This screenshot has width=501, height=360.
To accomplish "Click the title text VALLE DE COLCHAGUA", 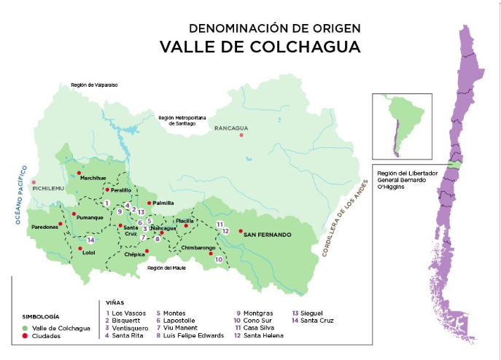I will click(x=260, y=47).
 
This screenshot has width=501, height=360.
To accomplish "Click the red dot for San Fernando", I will click(x=241, y=230).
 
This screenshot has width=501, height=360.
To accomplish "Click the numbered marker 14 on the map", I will click(x=90, y=240).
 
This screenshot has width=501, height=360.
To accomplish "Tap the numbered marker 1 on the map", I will click(x=106, y=203).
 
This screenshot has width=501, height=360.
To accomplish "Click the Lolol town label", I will click(x=88, y=254).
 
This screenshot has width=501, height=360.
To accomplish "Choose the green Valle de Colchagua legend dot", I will click(x=26, y=329).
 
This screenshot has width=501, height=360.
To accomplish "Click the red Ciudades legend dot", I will click(x=26, y=337).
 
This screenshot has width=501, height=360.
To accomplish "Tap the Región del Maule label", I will click(x=167, y=267).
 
